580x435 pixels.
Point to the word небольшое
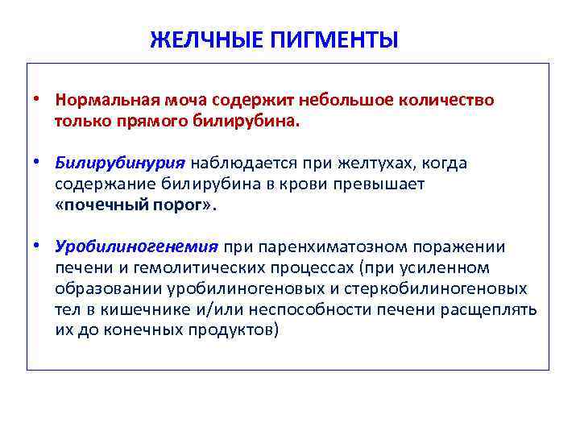[348, 101]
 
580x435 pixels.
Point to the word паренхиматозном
[322, 247]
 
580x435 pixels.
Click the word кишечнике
[161, 309]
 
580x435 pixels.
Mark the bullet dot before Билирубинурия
[38, 164]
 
